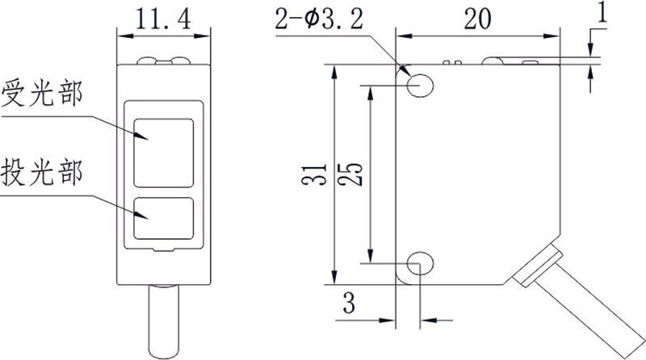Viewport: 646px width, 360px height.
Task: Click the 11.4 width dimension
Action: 163,19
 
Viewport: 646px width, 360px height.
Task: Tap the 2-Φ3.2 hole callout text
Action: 319,19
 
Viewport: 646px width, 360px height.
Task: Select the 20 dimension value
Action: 477,19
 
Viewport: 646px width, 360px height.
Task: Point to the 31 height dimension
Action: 314,174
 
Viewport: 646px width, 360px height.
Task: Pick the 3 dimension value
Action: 349,303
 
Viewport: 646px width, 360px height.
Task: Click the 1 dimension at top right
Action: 602,12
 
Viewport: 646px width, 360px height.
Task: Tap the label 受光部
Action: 42,93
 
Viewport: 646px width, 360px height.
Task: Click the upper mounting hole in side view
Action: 420,86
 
